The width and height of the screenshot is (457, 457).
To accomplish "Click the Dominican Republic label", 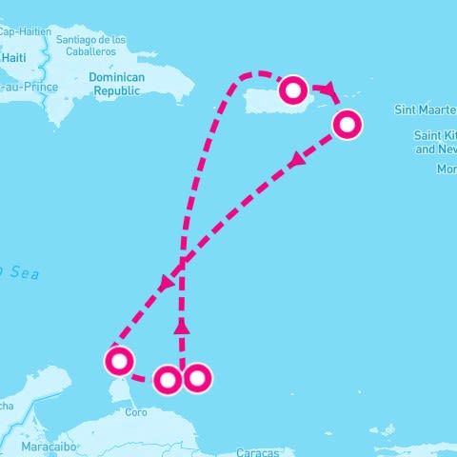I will click(115, 83).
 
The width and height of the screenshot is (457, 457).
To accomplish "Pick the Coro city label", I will click(136, 413).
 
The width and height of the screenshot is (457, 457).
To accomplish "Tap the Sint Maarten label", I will click(426, 110).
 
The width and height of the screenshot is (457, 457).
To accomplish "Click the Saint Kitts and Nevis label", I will click(434, 143).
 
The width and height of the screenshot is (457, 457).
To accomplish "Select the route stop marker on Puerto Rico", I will click(294, 90).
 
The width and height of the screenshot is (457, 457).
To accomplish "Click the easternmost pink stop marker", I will click(348, 124).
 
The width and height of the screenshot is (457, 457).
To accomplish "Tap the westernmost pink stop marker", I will click(119, 361).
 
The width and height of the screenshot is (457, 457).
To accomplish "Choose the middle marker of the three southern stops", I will click(168, 380).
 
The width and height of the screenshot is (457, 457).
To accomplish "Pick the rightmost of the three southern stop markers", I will click(196, 378).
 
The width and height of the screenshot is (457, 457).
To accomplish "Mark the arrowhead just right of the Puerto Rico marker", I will click(328, 89).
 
